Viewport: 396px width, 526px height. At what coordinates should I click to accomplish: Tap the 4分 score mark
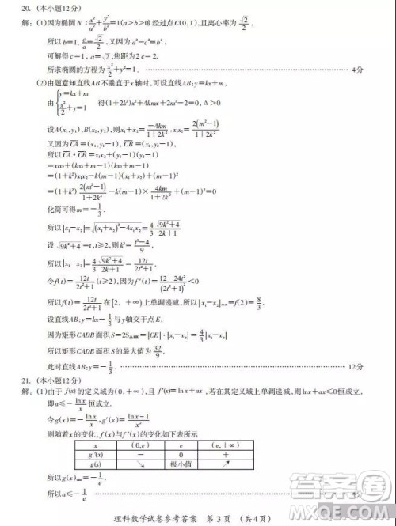pos(357,70)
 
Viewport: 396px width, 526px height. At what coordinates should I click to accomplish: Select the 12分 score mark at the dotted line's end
pos(356,367)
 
